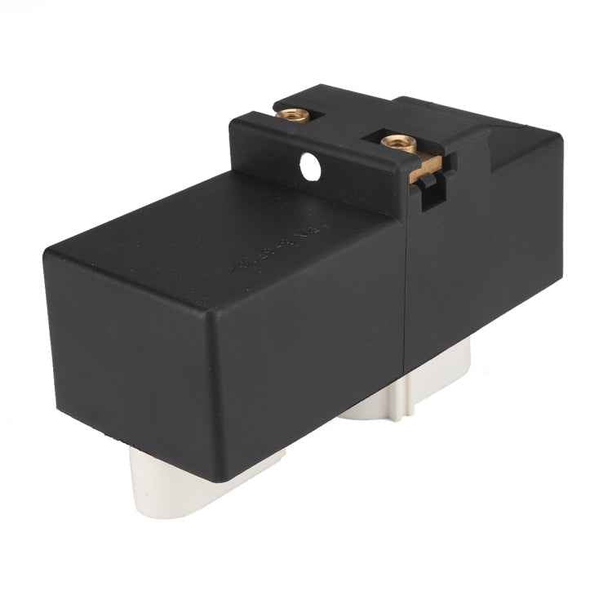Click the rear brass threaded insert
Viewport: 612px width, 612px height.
click(x=292, y=114)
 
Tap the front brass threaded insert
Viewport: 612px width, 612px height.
click(x=397, y=143)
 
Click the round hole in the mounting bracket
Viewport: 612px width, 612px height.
click(x=310, y=166)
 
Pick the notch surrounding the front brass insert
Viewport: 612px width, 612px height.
click(x=400, y=147)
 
